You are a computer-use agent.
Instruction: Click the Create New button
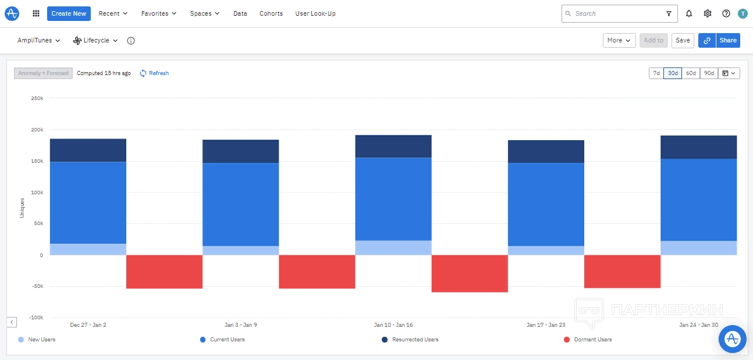pos(69,13)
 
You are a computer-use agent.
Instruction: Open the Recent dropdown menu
pos(113,13)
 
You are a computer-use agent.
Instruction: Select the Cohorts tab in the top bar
pos(271,13)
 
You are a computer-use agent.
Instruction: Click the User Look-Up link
pos(315,13)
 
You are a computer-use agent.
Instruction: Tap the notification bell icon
pos(689,13)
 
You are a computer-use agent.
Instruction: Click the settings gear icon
pos(708,13)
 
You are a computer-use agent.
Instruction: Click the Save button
pos(683,40)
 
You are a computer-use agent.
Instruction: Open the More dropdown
pos(619,40)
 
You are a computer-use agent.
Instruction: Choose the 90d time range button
pos(708,73)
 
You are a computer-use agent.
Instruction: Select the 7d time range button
pos(656,73)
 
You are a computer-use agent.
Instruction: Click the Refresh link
pos(158,73)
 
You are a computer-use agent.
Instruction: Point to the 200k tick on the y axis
pos(37,130)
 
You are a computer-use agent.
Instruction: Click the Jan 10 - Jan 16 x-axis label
pos(393,325)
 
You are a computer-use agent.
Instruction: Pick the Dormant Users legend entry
pos(592,340)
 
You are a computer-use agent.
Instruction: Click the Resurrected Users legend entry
pos(415,340)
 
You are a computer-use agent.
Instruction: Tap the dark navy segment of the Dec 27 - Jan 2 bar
pos(88,150)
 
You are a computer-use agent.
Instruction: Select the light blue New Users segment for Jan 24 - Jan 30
pos(698,248)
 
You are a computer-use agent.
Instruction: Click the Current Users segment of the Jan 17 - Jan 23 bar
pos(546,204)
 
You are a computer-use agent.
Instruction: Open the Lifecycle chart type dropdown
pos(95,41)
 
